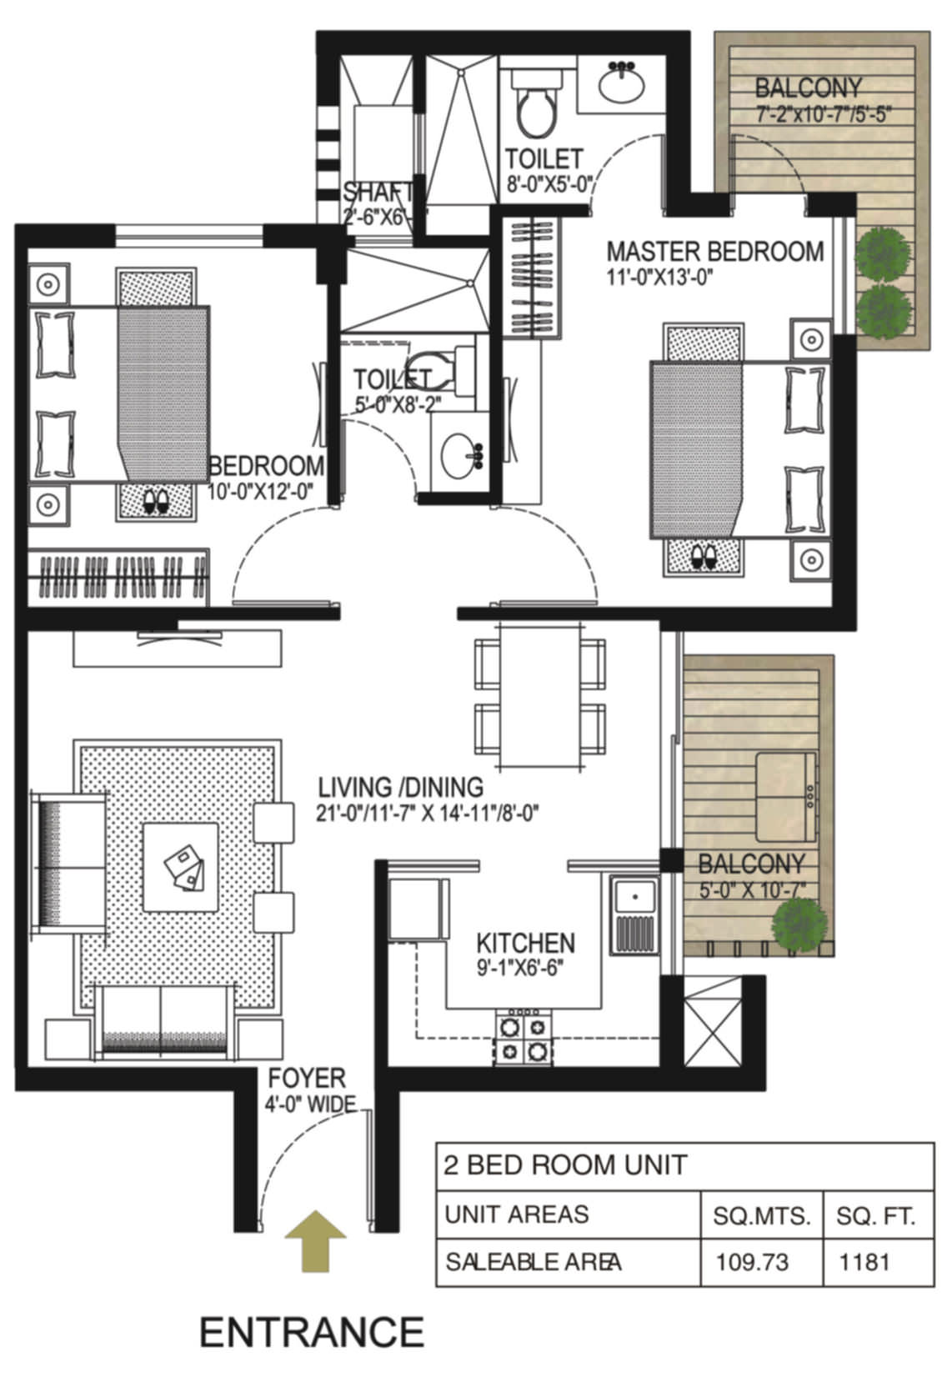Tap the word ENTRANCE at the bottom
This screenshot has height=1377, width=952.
tap(312, 1332)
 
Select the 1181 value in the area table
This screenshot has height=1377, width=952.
tap(864, 1262)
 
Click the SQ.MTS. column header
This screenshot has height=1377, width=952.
tap(761, 1216)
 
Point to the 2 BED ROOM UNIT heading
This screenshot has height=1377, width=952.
tap(566, 1164)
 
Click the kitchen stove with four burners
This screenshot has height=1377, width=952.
tap(523, 1038)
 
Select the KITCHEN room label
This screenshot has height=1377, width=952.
tap(525, 943)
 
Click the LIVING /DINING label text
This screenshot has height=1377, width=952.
tap(401, 787)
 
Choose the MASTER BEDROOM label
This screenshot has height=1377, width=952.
tap(714, 251)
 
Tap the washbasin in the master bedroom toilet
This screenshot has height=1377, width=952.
tap(621, 84)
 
